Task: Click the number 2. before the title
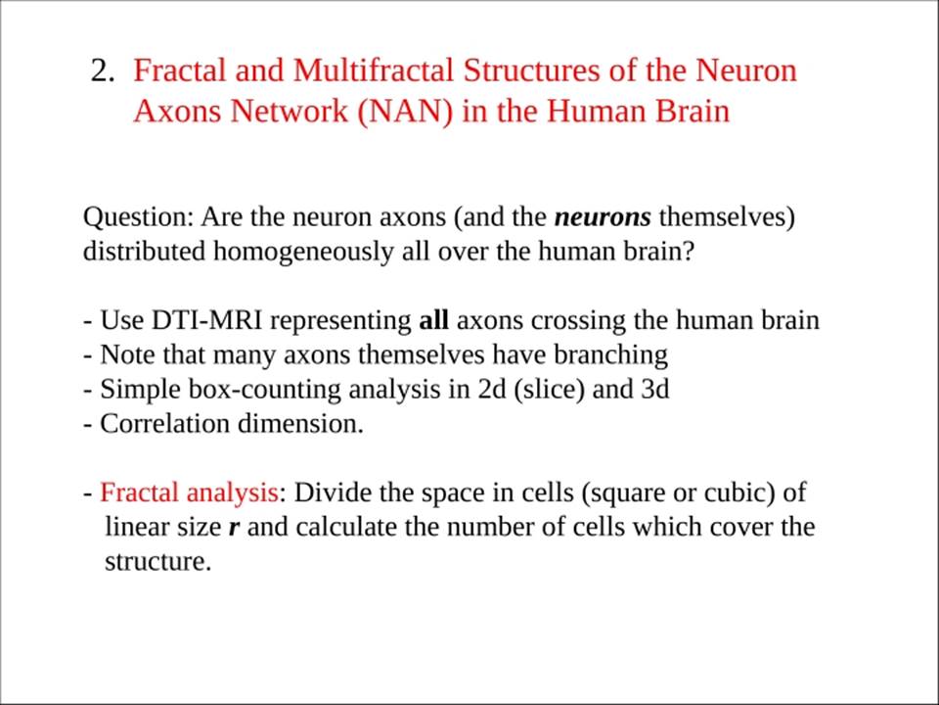[103, 70]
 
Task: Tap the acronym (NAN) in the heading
[405, 111]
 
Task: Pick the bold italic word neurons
[603, 217]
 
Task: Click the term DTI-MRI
[206, 320]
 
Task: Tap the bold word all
[433, 320]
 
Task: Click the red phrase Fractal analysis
[189, 493]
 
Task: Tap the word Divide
[333, 493]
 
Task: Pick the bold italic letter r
[234, 528]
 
